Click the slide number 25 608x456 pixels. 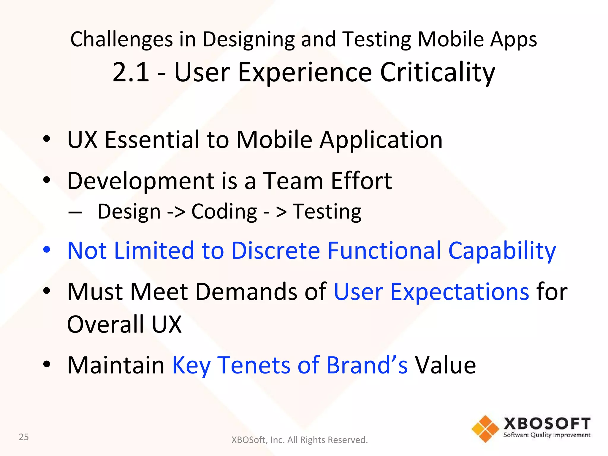tap(24, 437)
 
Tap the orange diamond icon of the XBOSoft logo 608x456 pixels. tap(485, 429)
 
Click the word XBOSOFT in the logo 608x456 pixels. tap(547, 424)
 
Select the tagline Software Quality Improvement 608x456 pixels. tap(547, 435)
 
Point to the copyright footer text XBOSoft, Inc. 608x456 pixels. tap(299, 440)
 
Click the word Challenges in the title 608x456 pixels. tap(121, 39)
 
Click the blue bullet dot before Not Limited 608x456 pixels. tap(47, 249)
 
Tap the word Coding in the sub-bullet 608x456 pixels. tap(224, 212)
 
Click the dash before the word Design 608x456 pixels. tap(75, 213)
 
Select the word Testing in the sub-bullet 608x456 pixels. tap(327, 212)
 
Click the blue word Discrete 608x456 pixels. tap(275, 251)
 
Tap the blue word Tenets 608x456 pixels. tap(254, 365)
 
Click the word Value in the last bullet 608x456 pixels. tap(445, 365)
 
